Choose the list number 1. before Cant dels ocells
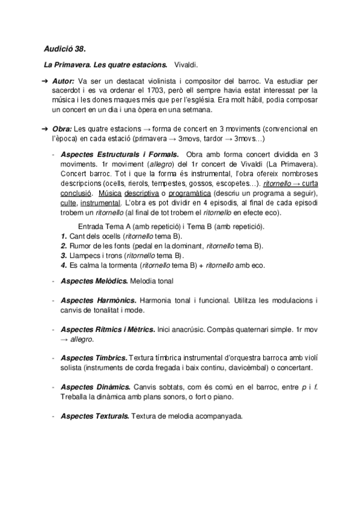click(x=64, y=236)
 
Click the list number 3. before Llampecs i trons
click(x=64, y=255)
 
